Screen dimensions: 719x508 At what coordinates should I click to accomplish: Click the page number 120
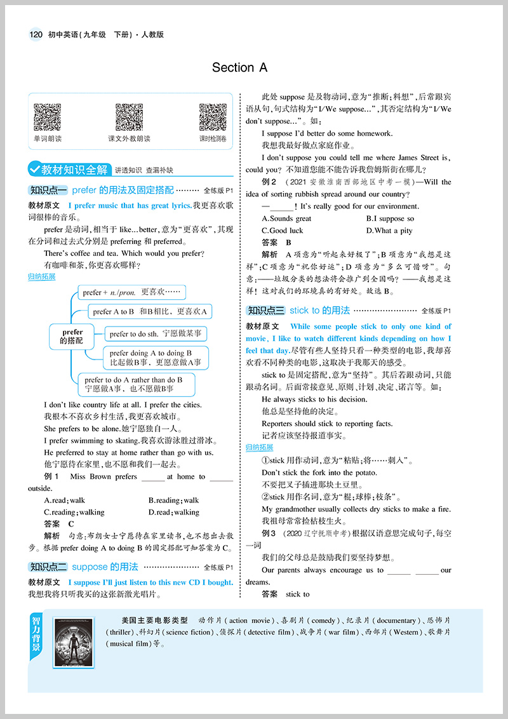point(36,34)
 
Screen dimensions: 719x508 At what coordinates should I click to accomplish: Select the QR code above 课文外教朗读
point(129,118)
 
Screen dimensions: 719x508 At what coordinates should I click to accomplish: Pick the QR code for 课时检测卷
point(213,118)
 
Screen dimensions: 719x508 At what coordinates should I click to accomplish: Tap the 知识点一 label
point(48,190)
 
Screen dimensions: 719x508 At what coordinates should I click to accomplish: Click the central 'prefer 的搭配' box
point(72,337)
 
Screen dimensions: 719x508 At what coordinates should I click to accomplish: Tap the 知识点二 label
point(48,567)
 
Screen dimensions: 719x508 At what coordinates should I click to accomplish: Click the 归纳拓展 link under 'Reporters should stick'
point(259,447)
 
